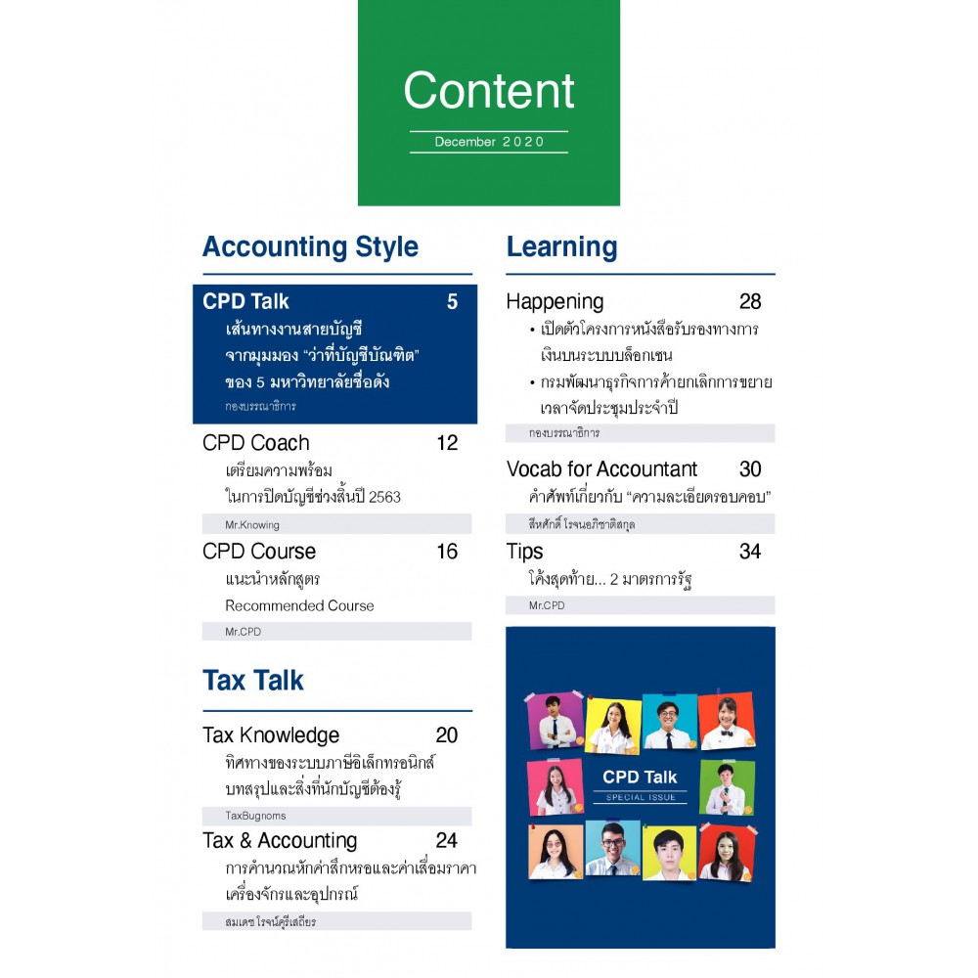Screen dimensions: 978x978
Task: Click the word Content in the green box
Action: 488,91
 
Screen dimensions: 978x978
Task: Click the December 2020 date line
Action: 488,142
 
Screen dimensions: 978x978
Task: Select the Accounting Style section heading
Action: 310,246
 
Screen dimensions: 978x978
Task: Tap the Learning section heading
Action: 561,246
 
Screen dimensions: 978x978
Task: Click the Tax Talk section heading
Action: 253,680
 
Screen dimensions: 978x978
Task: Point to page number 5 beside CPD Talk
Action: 452,302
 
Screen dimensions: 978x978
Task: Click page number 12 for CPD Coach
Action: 447,443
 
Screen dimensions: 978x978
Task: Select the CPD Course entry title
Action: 259,552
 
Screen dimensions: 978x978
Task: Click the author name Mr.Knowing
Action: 252,525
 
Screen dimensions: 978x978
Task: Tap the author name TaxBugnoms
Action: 255,815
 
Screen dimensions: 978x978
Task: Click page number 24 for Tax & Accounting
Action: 447,840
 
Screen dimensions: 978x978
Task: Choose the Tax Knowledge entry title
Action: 271,735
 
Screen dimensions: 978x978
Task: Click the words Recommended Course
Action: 299,605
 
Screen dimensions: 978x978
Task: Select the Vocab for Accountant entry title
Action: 601,469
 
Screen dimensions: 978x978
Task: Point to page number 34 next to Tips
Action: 750,552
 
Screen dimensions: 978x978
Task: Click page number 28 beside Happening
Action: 750,301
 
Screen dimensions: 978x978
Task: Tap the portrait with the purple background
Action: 556,721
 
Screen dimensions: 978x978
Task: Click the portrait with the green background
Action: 728,788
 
